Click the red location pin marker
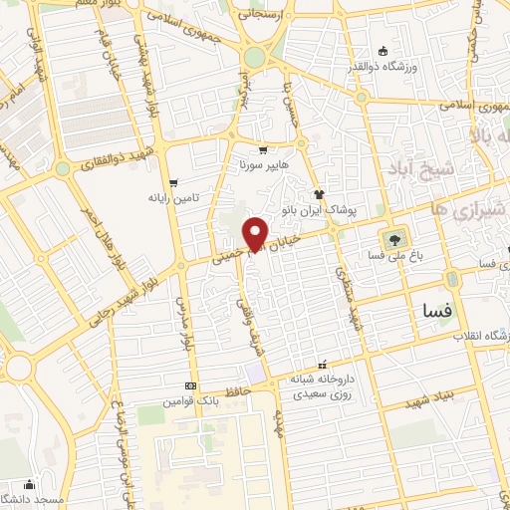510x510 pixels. [257, 233]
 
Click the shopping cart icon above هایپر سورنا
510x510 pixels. [263, 149]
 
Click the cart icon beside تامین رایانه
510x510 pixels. [174, 183]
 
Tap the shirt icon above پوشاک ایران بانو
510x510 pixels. [319, 195]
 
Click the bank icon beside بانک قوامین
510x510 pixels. [190, 386]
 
